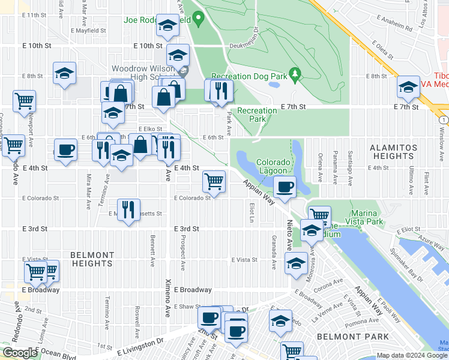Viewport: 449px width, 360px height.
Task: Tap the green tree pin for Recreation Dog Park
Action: point(294,75)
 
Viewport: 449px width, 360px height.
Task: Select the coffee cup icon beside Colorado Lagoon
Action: point(285,187)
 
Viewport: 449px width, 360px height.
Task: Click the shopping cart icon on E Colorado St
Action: point(214,181)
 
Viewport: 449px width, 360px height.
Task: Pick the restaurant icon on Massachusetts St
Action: point(128,209)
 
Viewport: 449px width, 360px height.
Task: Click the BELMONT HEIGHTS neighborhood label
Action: point(92,259)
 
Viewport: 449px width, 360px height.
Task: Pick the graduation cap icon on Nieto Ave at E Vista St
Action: point(297,263)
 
